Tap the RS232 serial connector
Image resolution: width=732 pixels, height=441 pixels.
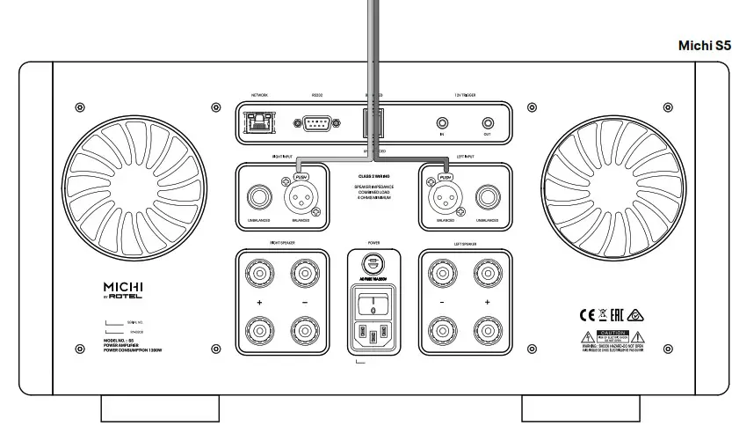(x=316, y=122)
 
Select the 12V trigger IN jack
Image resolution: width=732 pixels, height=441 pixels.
(x=442, y=122)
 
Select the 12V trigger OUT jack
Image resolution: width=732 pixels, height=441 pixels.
(x=488, y=122)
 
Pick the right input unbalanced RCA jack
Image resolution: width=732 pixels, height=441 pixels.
(x=259, y=195)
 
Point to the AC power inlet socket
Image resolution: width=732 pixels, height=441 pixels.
(x=373, y=334)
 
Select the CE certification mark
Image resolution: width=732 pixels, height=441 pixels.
(x=586, y=313)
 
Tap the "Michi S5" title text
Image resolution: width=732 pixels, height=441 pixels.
(x=705, y=45)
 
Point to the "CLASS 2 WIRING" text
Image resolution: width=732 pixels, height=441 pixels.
(x=373, y=177)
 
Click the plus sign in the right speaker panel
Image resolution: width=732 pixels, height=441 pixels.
(x=259, y=302)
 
